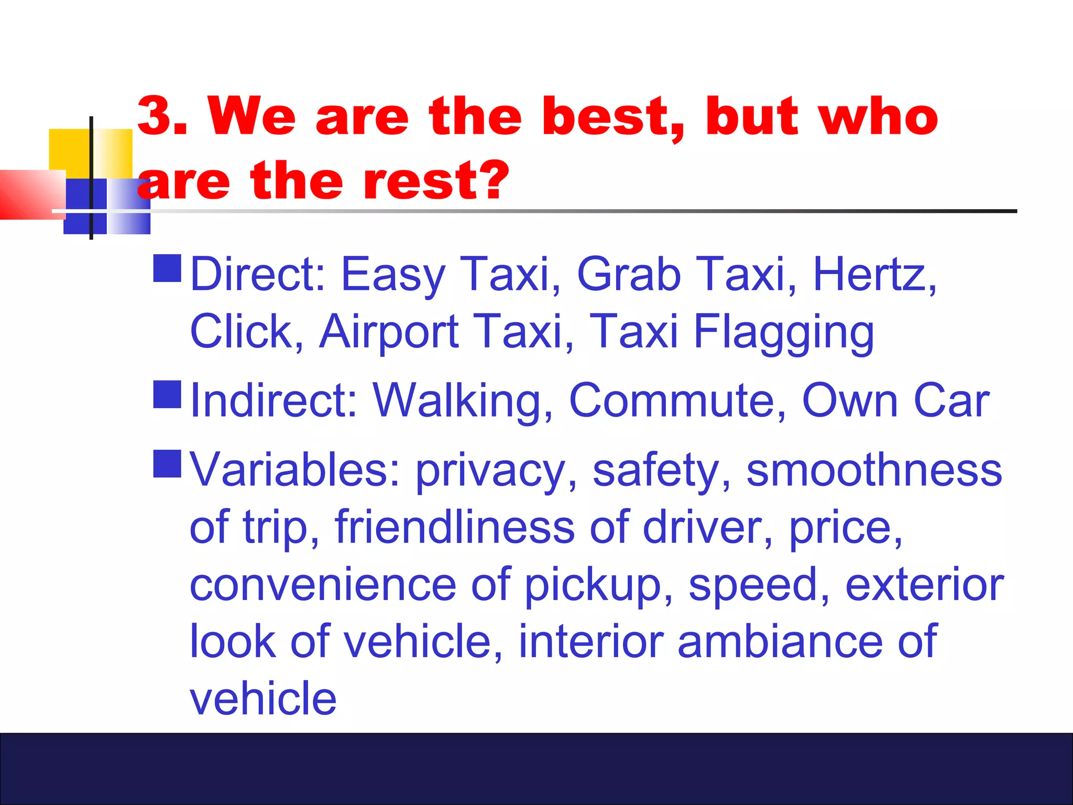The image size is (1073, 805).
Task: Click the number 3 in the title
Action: point(156,116)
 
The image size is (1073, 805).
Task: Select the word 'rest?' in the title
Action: point(435,181)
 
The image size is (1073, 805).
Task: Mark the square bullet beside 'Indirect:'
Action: point(167,394)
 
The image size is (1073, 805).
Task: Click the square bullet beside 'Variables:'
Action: point(167,463)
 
